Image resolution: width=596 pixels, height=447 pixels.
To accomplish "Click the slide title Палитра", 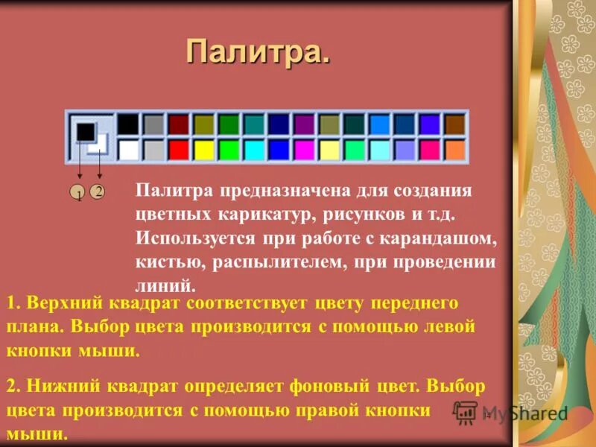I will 257,52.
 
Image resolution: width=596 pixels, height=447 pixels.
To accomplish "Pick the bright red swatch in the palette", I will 179,150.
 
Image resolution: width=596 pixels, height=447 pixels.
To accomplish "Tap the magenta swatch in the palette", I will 304,150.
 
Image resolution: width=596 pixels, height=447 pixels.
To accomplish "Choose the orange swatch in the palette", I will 454,150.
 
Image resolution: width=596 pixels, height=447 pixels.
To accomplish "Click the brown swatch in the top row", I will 454,124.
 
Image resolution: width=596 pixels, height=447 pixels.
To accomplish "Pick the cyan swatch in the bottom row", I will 254,150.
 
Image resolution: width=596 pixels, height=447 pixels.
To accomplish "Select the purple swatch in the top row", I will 304,124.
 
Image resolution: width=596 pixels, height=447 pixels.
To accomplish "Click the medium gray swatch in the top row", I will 153,124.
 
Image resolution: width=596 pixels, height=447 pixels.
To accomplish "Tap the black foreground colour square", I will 85,133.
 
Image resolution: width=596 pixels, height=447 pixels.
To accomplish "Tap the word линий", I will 165,285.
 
